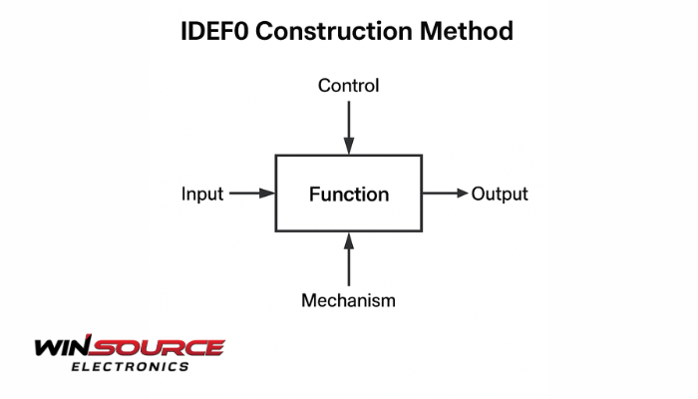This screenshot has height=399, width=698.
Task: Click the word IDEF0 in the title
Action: point(214,31)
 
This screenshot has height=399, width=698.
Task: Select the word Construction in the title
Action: point(334,31)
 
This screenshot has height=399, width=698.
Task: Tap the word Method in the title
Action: point(467,31)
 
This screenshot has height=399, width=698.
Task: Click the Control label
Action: point(349,86)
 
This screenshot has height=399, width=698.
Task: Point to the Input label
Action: point(202,195)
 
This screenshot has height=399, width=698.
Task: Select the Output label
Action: point(500,195)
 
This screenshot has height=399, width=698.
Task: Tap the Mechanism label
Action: point(349,300)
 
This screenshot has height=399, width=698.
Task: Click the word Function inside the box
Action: point(349,195)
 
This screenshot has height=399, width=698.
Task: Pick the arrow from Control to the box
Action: point(349,128)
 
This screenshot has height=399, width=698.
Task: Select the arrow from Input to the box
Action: point(252,194)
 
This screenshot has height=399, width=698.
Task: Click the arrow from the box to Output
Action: point(445,194)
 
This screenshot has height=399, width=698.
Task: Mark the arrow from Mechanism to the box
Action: point(349,259)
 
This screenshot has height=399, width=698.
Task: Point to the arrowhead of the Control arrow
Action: point(349,146)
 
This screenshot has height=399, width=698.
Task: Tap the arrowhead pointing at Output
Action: point(461,194)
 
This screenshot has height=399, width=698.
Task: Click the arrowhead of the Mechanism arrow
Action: point(349,240)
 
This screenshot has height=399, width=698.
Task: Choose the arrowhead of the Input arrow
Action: point(267,194)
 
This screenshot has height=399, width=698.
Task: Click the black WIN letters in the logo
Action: point(63,346)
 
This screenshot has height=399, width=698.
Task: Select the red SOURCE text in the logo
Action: point(158,347)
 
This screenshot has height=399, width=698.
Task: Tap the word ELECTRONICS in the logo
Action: point(130,367)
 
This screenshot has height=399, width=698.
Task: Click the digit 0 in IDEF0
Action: point(241,31)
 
